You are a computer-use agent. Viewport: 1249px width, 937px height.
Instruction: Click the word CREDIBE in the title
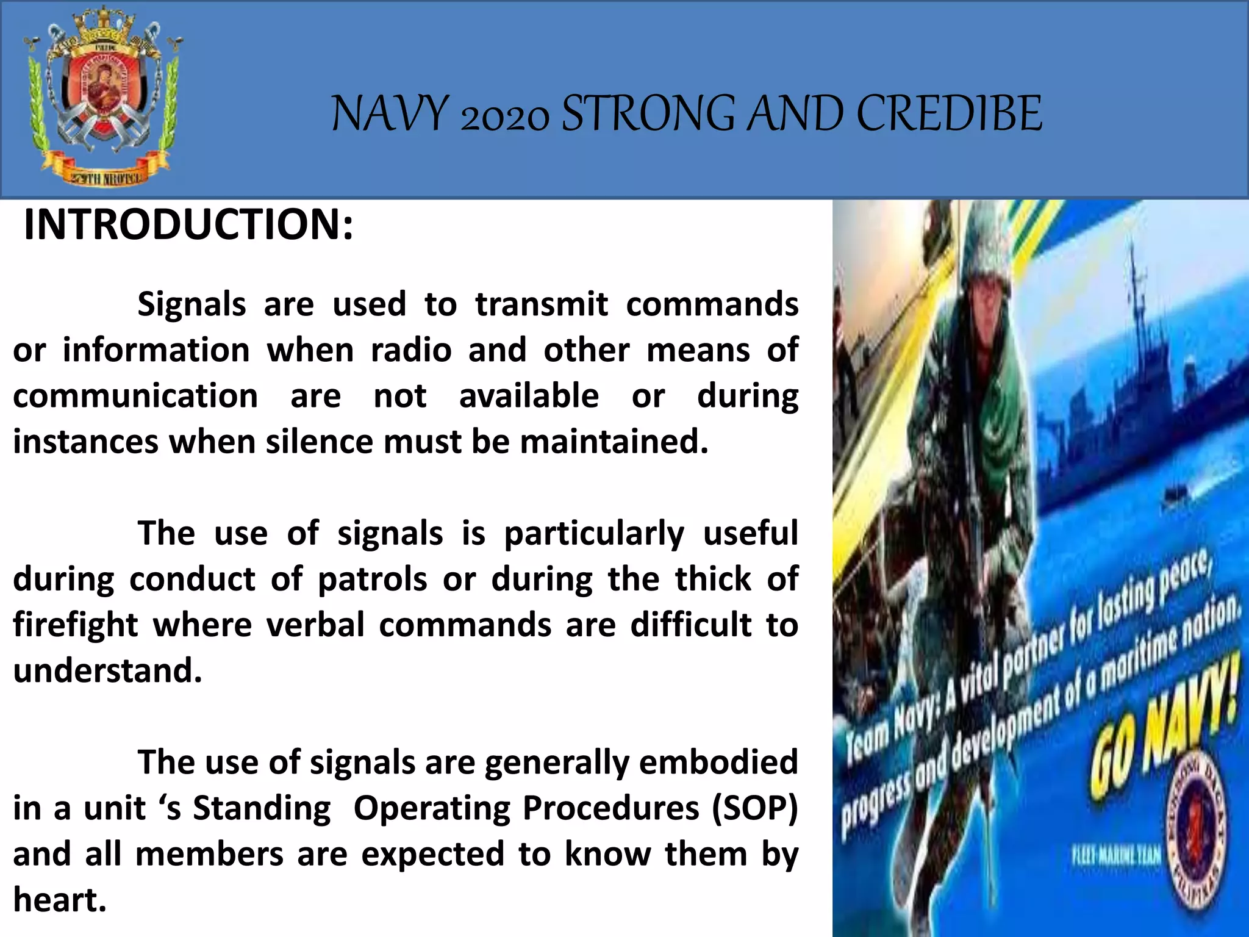click(950, 114)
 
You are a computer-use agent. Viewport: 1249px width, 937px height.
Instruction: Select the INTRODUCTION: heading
click(188, 224)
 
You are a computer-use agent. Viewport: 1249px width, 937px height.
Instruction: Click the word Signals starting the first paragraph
click(191, 304)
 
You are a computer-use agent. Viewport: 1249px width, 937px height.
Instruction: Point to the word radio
click(411, 350)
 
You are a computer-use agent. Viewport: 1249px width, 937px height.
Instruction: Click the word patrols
click(372, 579)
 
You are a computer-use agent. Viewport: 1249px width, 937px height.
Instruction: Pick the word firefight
click(76, 625)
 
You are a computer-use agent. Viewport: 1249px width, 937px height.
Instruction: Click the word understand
click(107, 670)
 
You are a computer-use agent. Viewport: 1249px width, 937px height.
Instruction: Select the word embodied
click(718, 762)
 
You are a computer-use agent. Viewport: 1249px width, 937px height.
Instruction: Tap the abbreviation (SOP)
click(755, 808)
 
